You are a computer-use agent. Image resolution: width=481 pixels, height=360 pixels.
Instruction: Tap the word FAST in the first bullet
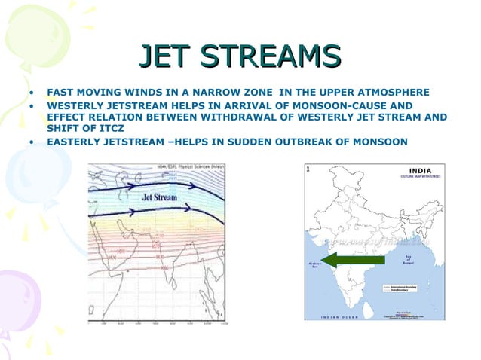[60, 93]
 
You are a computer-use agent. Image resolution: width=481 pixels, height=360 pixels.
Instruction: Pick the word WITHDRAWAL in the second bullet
[259, 117]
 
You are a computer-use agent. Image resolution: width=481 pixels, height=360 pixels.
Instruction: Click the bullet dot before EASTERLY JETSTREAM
[32, 142]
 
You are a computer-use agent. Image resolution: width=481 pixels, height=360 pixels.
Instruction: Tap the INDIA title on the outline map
[420, 171]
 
